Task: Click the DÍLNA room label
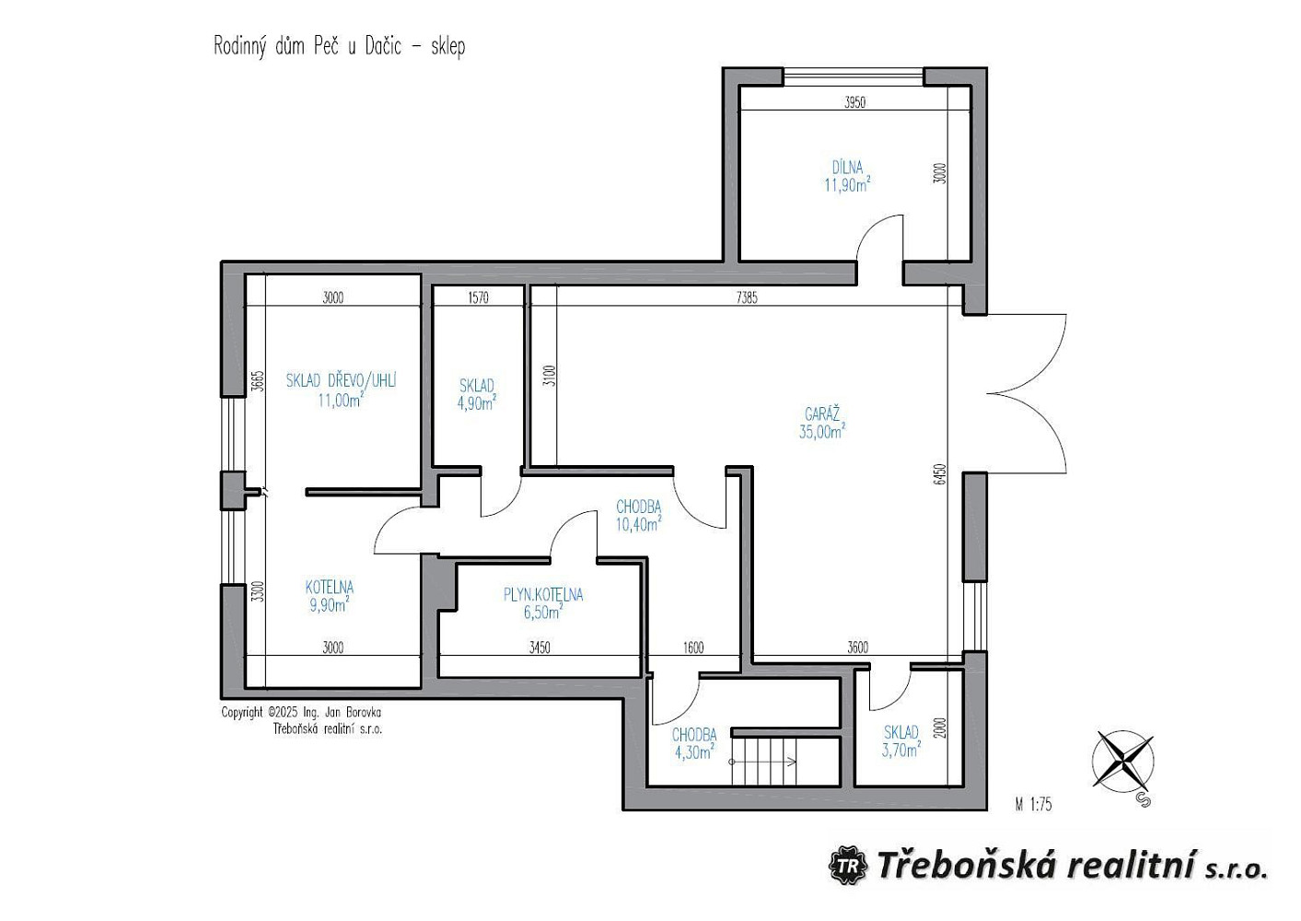click(847, 168)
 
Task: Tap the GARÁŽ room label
click(822, 414)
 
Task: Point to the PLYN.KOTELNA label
click(543, 594)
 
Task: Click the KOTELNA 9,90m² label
click(330, 596)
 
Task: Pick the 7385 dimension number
click(747, 298)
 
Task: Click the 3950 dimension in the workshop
click(855, 103)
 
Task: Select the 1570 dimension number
click(478, 298)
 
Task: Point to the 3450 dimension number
click(540, 647)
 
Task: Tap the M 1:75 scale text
click(1033, 804)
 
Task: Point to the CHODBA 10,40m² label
click(638, 516)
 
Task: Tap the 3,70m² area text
click(901, 751)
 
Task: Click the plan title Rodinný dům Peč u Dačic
click(308, 46)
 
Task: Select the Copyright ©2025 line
click(301, 712)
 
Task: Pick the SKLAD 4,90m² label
click(477, 394)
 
